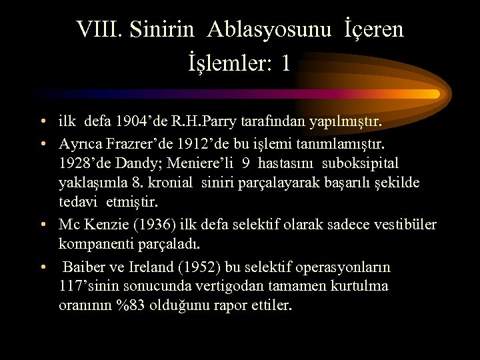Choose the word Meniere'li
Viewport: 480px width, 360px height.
tap(193, 163)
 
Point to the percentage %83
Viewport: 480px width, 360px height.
tap(131, 307)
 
